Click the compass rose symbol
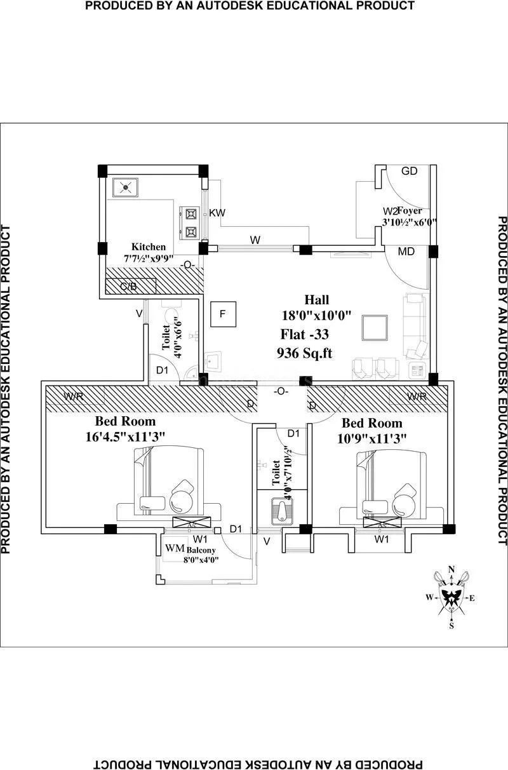pyautogui.click(x=451, y=596)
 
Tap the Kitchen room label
pyautogui.click(x=149, y=247)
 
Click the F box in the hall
pyautogui.click(x=223, y=313)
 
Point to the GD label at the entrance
pyautogui.click(x=410, y=171)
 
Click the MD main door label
pyautogui.click(x=406, y=252)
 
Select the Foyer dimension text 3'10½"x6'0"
pyautogui.click(x=410, y=222)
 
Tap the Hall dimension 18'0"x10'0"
pyautogui.click(x=317, y=315)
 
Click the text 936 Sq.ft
pyautogui.click(x=304, y=353)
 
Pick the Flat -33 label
pyautogui.click(x=305, y=334)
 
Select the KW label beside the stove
pyautogui.click(x=217, y=212)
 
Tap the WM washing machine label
pyautogui.click(x=175, y=548)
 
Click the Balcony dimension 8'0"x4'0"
pyautogui.click(x=202, y=560)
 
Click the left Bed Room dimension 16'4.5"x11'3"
pyautogui.click(x=125, y=436)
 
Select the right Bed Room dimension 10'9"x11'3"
pyautogui.click(x=372, y=438)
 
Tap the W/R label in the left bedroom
pyautogui.click(x=74, y=396)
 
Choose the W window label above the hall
pyautogui.click(x=255, y=240)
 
